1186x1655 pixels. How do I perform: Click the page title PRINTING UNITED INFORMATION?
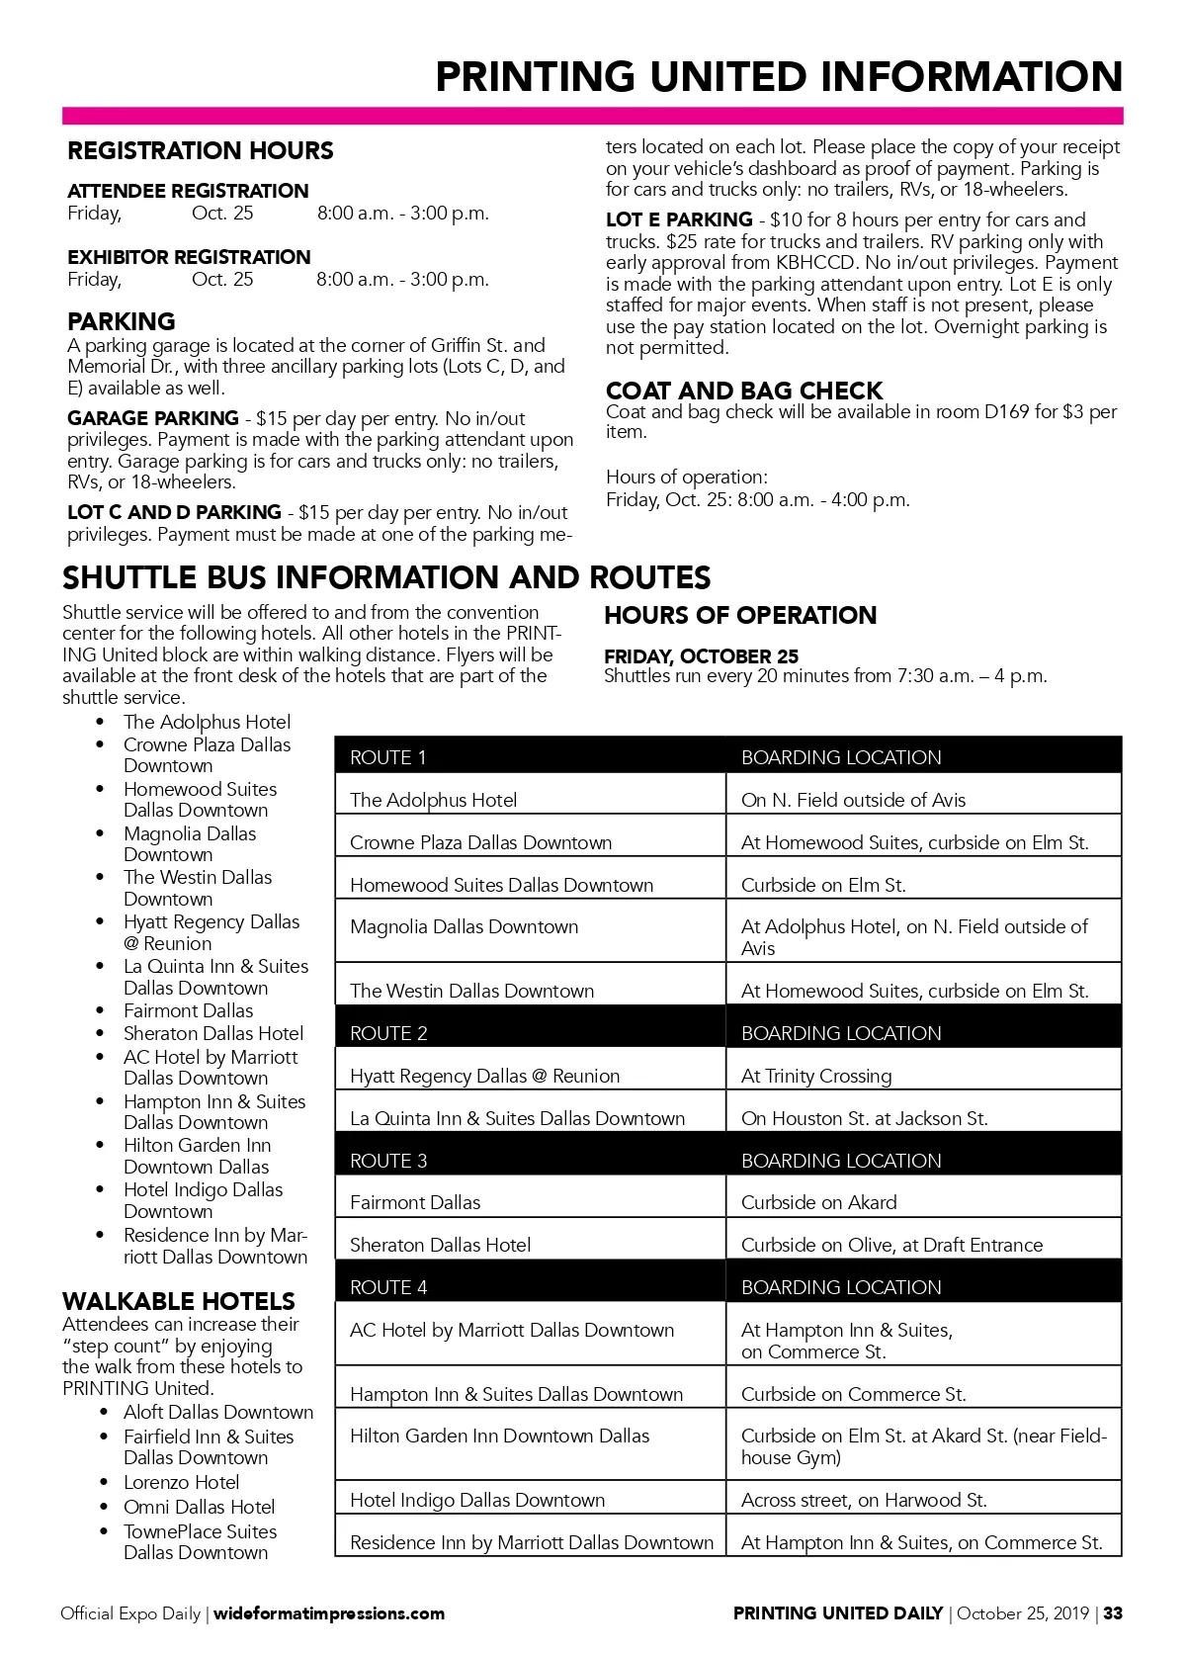coord(779,76)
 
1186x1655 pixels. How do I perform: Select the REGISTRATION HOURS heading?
coord(201,151)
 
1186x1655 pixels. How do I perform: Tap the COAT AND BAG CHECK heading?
coord(743,391)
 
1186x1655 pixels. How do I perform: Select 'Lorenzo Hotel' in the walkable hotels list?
coord(182,1482)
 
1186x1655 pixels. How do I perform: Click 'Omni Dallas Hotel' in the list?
coord(199,1507)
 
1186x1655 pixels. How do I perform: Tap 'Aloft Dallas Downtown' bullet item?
coord(217,1412)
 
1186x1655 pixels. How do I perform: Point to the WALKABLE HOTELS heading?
coord(179,1301)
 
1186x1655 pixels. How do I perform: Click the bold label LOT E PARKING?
coord(679,219)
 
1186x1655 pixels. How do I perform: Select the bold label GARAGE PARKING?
coord(153,418)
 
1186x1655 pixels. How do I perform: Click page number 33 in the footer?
coord(1113,1613)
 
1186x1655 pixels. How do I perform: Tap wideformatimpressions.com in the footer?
coord(329,1613)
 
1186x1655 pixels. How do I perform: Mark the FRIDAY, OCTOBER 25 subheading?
coord(701,656)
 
